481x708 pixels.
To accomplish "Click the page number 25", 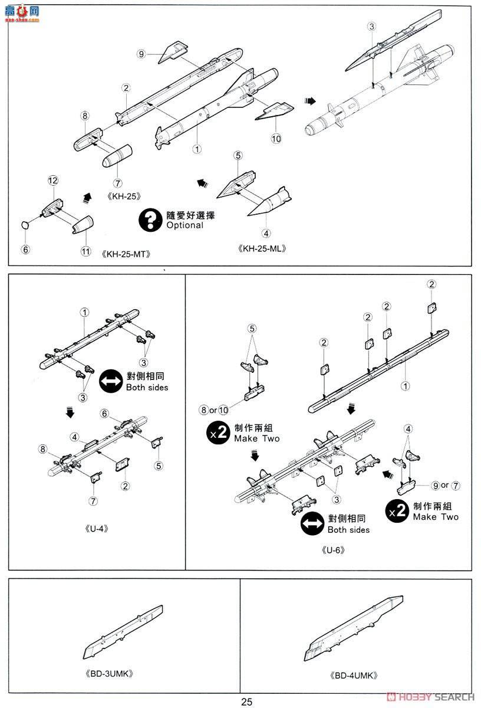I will (x=246, y=702).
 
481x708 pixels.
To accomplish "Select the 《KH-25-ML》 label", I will (x=263, y=248).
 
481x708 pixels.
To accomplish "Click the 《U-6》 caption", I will (x=333, y=550).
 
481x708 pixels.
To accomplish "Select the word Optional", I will (x=185, y=225).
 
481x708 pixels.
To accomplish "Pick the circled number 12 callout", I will (x=53, y=179).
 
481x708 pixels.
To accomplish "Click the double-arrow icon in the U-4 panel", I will (x=110, y=381).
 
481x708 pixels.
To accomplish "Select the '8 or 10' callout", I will (x=215, y=409).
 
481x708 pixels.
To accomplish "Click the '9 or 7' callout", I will (x=445, y=485).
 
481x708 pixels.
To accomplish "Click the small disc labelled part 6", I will (x=25, y=224).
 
